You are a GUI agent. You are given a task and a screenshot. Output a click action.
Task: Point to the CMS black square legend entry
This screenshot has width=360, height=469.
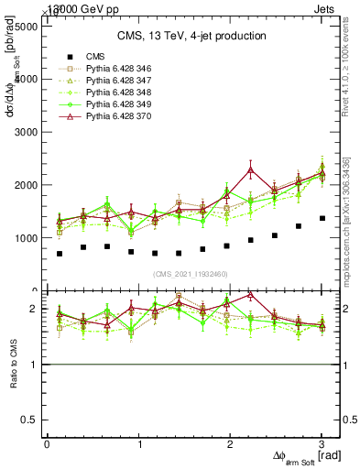click(x=92, y=57)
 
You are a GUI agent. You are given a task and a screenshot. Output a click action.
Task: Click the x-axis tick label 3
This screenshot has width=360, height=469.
click(x=322, y=444)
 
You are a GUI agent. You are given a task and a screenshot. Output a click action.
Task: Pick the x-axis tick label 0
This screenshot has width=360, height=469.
click(x=47, y=444)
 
